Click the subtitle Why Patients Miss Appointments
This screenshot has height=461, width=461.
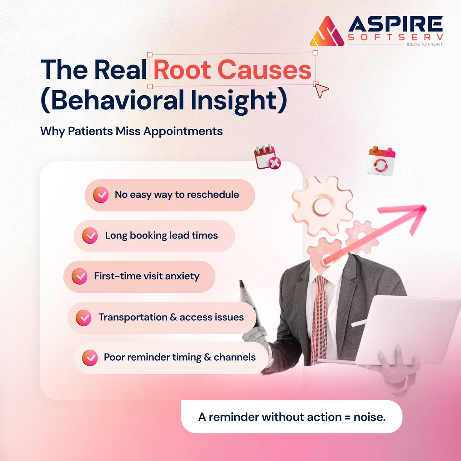[131, 131]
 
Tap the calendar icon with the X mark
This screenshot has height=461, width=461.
[267, 157]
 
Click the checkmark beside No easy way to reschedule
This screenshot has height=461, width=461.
[101, 195]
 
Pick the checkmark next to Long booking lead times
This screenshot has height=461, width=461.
[90, 236]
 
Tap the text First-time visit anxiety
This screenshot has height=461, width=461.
[146, 276]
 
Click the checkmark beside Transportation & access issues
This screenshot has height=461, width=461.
[83, 318]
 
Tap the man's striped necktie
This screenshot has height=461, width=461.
[319, 311]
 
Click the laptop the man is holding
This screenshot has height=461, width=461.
[396, 330]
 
